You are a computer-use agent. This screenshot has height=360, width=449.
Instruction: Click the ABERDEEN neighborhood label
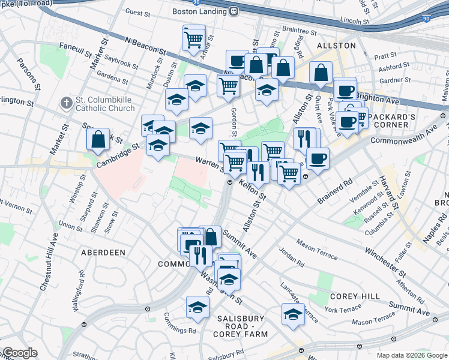pyautogui.click(x=103, y=253)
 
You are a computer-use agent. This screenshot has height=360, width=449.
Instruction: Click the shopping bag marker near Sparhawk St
pyautogui.click(x=98, y=139)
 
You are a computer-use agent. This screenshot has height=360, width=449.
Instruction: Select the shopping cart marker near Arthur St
pyautogui.click(x=193, y=39)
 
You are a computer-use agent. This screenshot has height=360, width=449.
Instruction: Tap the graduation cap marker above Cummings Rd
pyautogui.click(x=197, y=308)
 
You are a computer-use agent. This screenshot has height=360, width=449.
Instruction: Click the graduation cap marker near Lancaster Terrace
pyautogui.click(x=292, y=314)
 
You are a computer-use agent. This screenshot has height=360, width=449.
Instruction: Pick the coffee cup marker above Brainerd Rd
pyautogui.click(x=318, y=158)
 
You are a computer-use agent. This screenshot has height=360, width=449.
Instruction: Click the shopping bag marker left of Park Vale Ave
pyautogui.click(x=321, y=73)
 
